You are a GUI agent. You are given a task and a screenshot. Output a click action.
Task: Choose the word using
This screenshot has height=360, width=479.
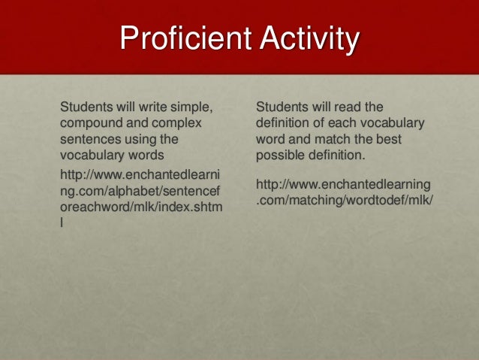tap(154, 139)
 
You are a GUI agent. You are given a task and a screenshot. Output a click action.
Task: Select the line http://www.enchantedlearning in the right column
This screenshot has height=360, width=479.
tap(343, 183)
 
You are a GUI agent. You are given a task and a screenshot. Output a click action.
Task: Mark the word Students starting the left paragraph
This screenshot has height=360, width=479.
tap(86, 106)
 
